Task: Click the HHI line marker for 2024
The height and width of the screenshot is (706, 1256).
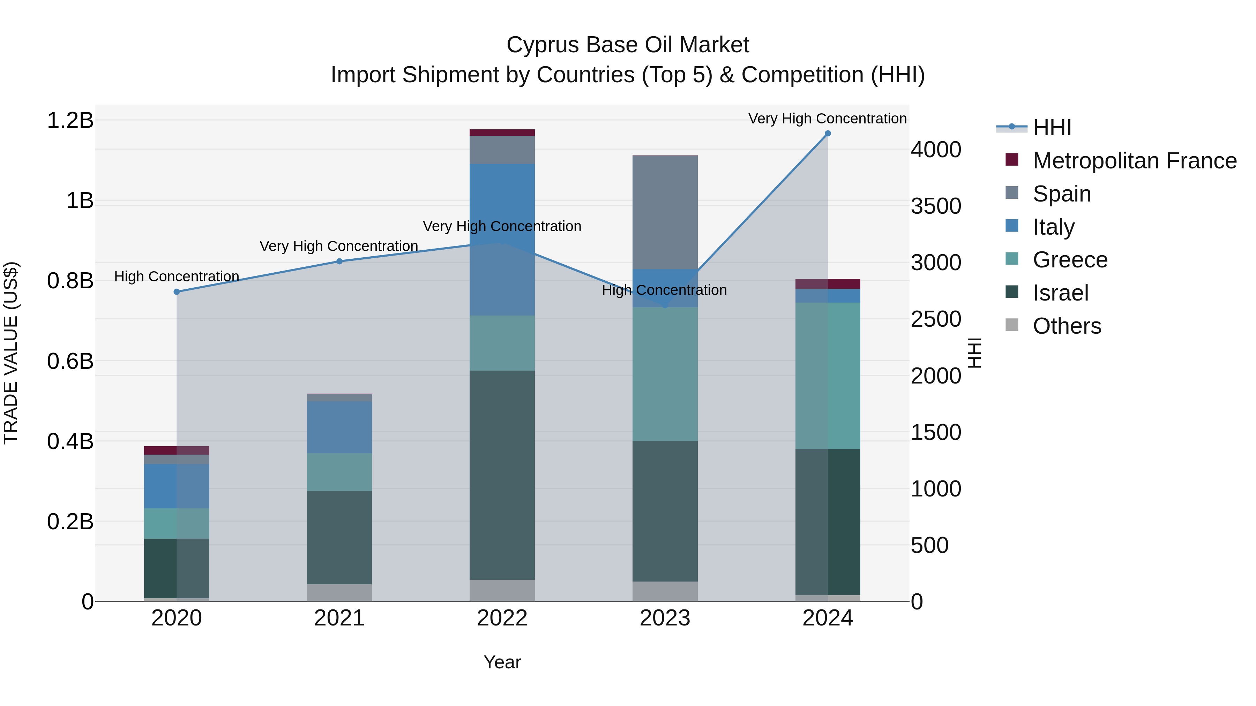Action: (x=828, y=134)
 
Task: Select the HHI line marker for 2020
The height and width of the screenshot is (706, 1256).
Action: (x=177, y=292)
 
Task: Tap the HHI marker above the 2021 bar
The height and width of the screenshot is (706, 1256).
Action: (x=339, y=261)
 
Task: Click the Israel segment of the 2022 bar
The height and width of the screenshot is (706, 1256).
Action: (x=502, y=475)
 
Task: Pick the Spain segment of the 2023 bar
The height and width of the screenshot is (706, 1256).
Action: (x=665, y=212)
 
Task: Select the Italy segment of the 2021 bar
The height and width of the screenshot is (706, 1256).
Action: (x=339, y=427)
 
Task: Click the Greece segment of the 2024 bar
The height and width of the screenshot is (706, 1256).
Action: (x=828, y=375)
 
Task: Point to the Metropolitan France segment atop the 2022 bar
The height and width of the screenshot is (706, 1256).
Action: (x=502, y=132)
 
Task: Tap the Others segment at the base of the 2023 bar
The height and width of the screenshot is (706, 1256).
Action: (x=665, y=591)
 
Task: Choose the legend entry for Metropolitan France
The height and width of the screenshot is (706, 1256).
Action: (x=1134, y=161)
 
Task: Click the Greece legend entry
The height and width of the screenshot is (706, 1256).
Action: (x=1070, y=260)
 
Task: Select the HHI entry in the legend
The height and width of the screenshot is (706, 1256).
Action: (x=1052, y=128)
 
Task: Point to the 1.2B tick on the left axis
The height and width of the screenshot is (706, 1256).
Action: (x=70, y=120)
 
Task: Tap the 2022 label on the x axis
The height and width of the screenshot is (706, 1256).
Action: (x=502, y=618)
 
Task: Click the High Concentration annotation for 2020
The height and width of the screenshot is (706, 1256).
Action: (x=177, y=276)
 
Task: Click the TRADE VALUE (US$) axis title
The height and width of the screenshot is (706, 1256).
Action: (x=11, y=353)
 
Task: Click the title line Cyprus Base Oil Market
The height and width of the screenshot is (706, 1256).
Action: (x=628, y=45)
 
